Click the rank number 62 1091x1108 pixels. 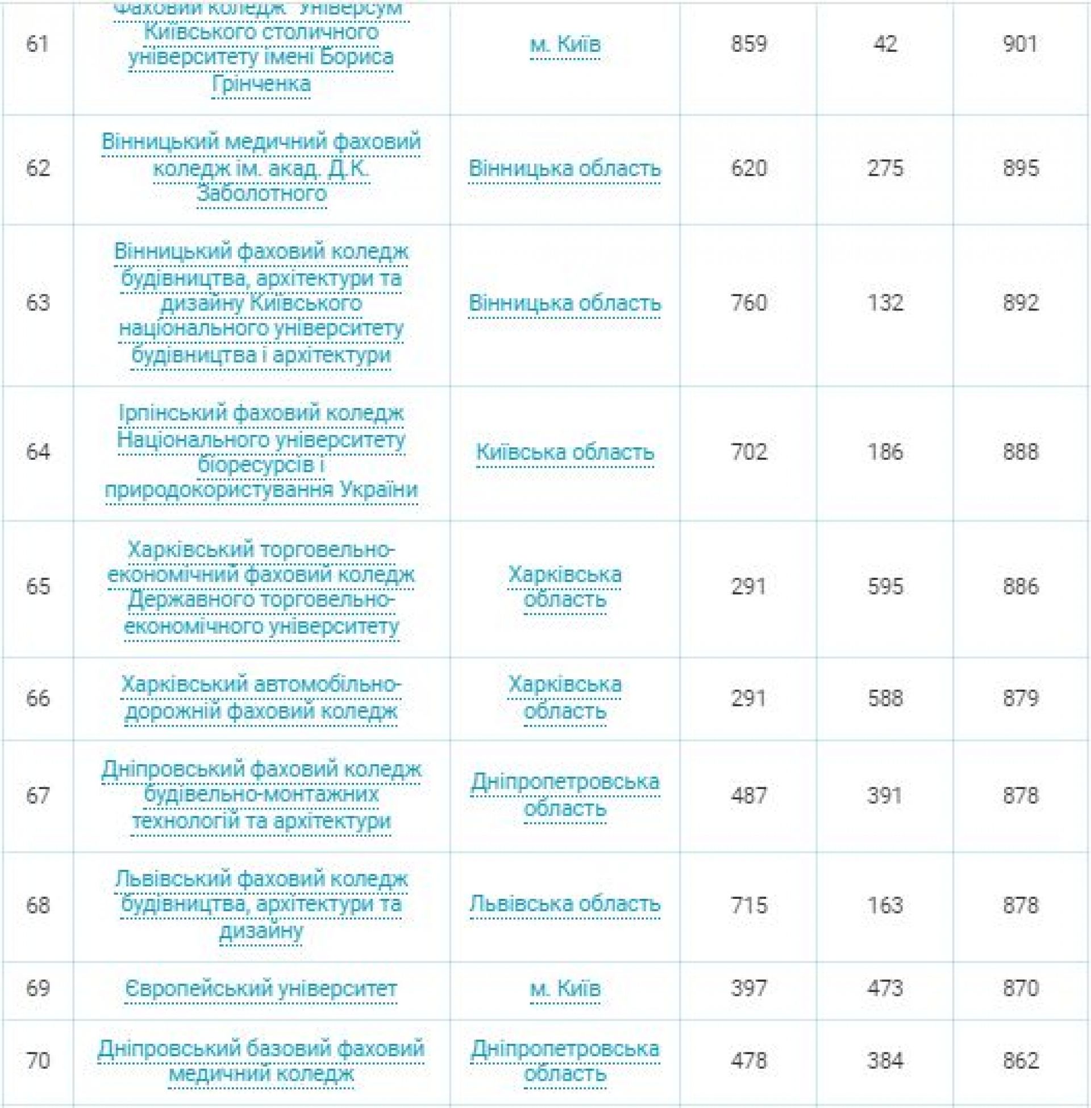pyautogui.click(x=38, y=168)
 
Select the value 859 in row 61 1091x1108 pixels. pyautogui.click(x=748, y=44)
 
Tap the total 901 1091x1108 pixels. pyautogui.click(x=1021, y=44)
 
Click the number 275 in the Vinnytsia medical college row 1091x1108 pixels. pyautogui.click(x=885, y=168)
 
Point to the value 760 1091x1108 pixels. pyautogui.click(x=748, y=302)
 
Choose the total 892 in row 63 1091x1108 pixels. pyautogui.click(x=1021, y=302)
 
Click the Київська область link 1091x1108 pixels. pyautogui.click(x=564, y=453)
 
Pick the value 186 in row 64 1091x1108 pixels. pyautogui.click(x=885, y=453)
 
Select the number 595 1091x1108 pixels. pyautogui.click(x=885, y=586)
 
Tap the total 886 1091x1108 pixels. pyautogui.click(x=1021, y=586)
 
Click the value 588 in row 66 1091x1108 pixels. pyautogui.click(x=885, y=698)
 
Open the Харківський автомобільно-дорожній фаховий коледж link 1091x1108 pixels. pyautogui.click(x=261, y=698)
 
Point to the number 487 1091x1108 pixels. pyautogui.click(x=748, y=795)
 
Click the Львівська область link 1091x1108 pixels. pyautogui.click(x=564, y=904)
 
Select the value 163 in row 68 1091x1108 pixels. pyautogui.click(x=885, y=906)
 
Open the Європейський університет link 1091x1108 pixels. pyautogui.click(x=261, y=989)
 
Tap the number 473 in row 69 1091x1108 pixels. pyautogui.click(x=885, y=989)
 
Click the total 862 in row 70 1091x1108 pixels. pyautogui.click(x=1021, y=1061)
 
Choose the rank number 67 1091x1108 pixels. pyautogui.click(x=38, y=795)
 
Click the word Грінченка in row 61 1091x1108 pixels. pyautogui.click(x=261, y=84)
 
